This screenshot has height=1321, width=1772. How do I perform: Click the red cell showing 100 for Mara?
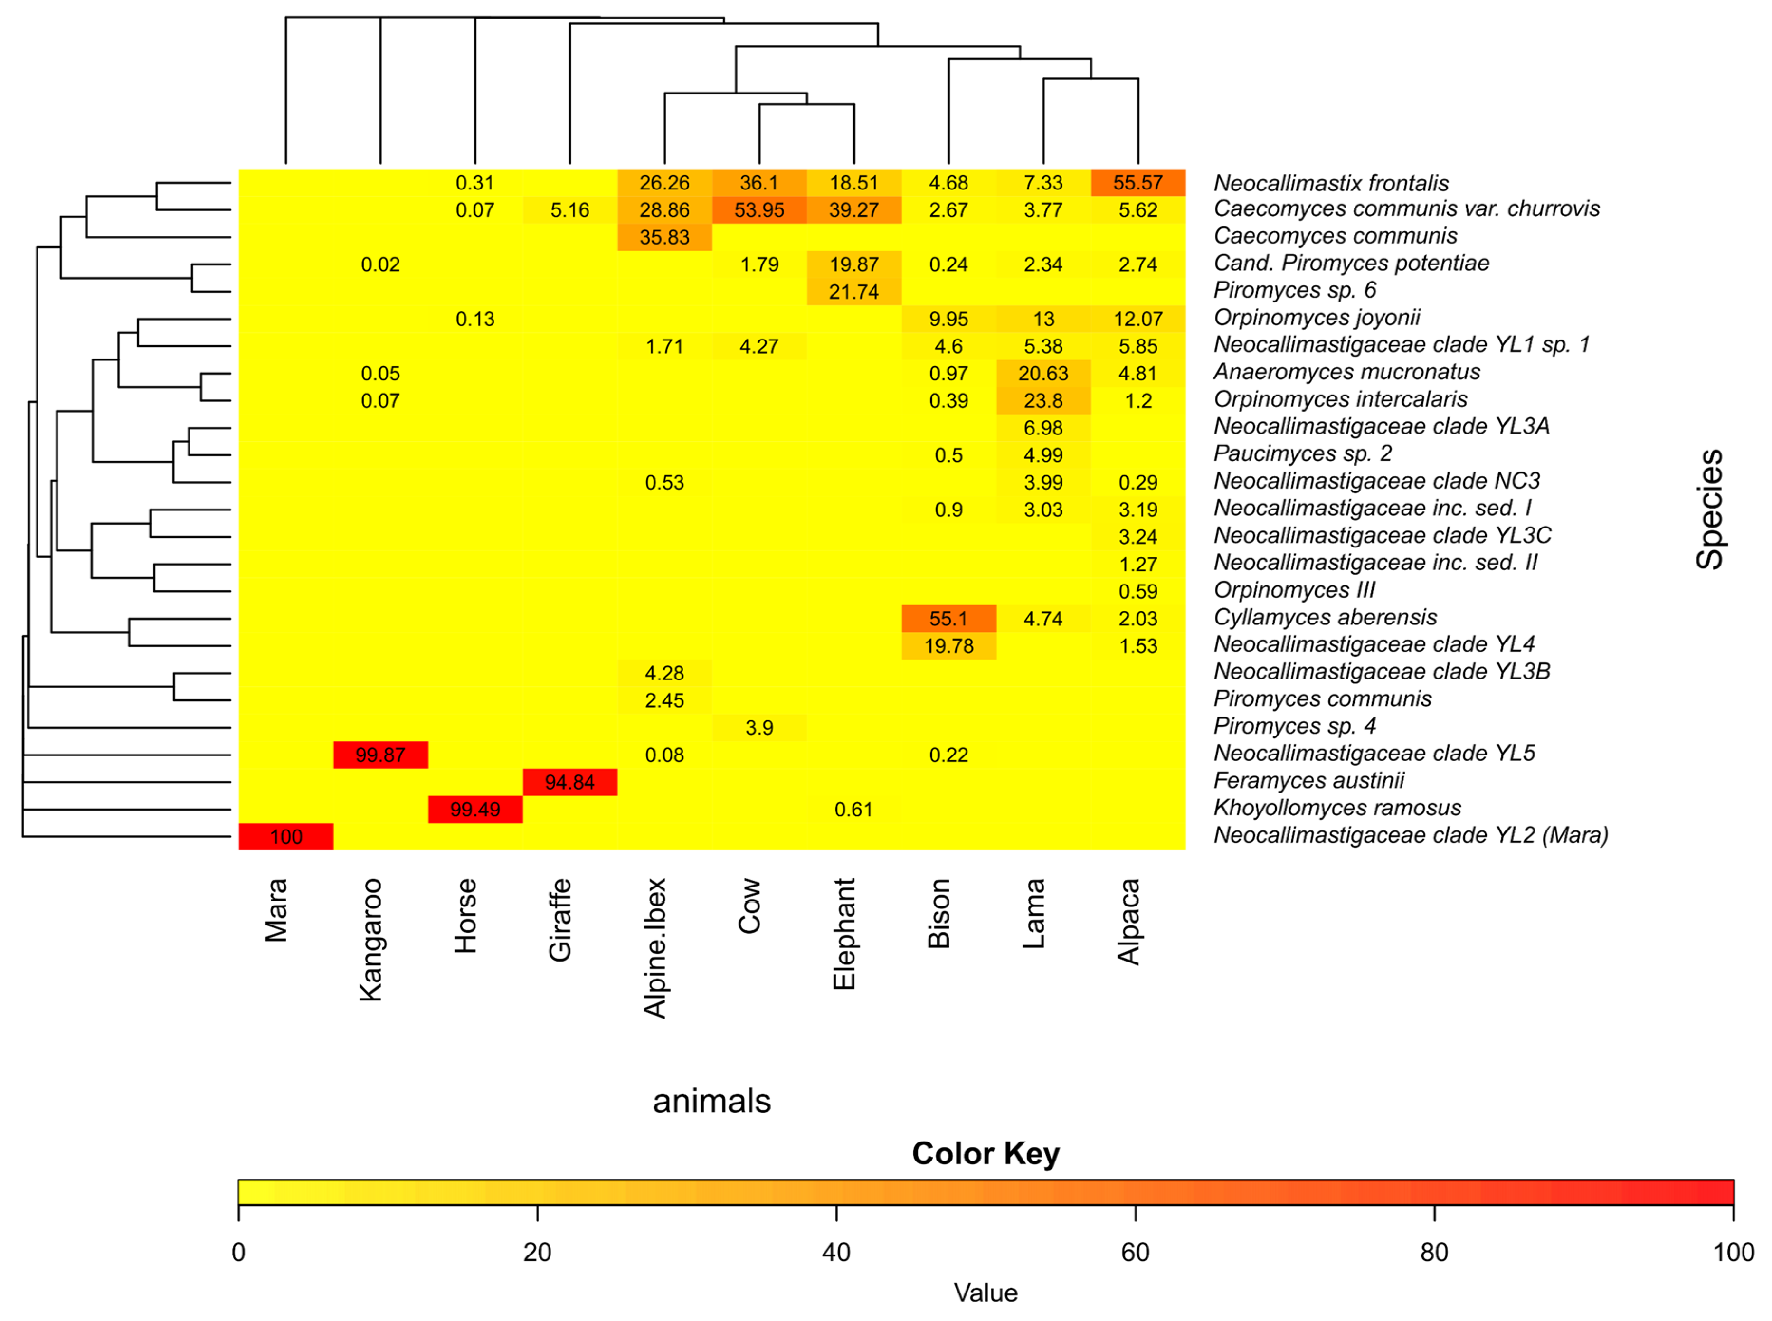pyautogui.click(x=285, y=836)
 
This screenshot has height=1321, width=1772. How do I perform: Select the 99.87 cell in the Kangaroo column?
pyautogui.click(x=380, y=755)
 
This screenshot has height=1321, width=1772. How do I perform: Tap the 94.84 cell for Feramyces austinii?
pyautogui.click(x=569, y=782)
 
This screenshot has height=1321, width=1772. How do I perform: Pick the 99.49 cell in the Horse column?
pyautogui.click(x=475, y=809)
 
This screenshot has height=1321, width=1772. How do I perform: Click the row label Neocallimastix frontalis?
pyautogui.click(x=1331, y=183)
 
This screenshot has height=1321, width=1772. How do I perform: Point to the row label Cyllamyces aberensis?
pyautogui.click(x=1324, y=617)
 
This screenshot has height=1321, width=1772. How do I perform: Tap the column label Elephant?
pyautogui.click(x=844, y=934)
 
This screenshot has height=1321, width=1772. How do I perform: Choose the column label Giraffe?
pyautogui.click(x=560, y=920)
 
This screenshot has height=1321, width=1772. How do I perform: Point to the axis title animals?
pyautogui.click(x=711, y=1101)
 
